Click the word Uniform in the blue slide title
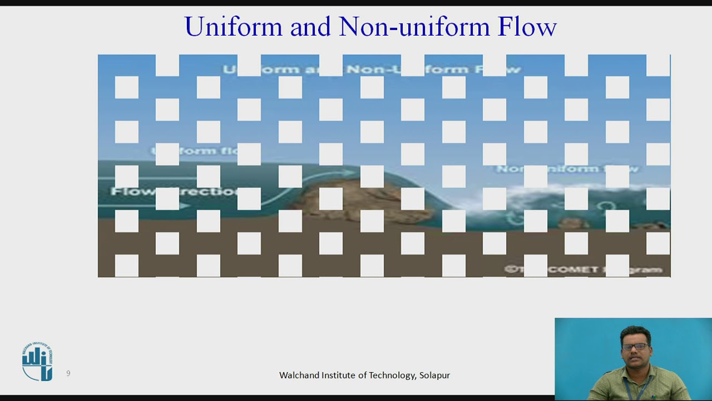(234, 27)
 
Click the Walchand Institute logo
(37, 362)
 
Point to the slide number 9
(68, 373)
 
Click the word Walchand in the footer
(298, 375)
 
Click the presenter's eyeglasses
(635, 346)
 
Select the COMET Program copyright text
(584, 270)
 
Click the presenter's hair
(634, 333)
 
